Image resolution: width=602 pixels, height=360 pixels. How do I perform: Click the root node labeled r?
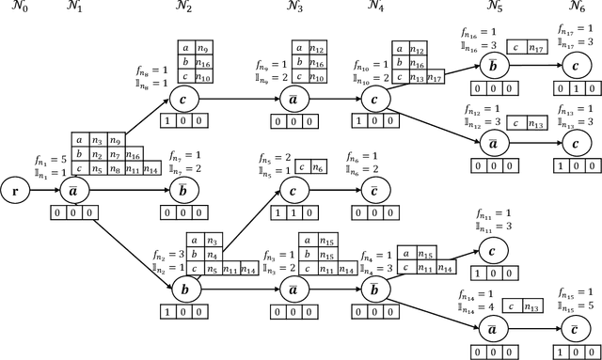(13, 188)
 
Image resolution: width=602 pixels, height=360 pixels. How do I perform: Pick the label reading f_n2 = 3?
(170, 254)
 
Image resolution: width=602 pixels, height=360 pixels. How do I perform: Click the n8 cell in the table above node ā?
(115, 168)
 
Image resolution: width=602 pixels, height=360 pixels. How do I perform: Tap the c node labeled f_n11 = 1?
(490, 250)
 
